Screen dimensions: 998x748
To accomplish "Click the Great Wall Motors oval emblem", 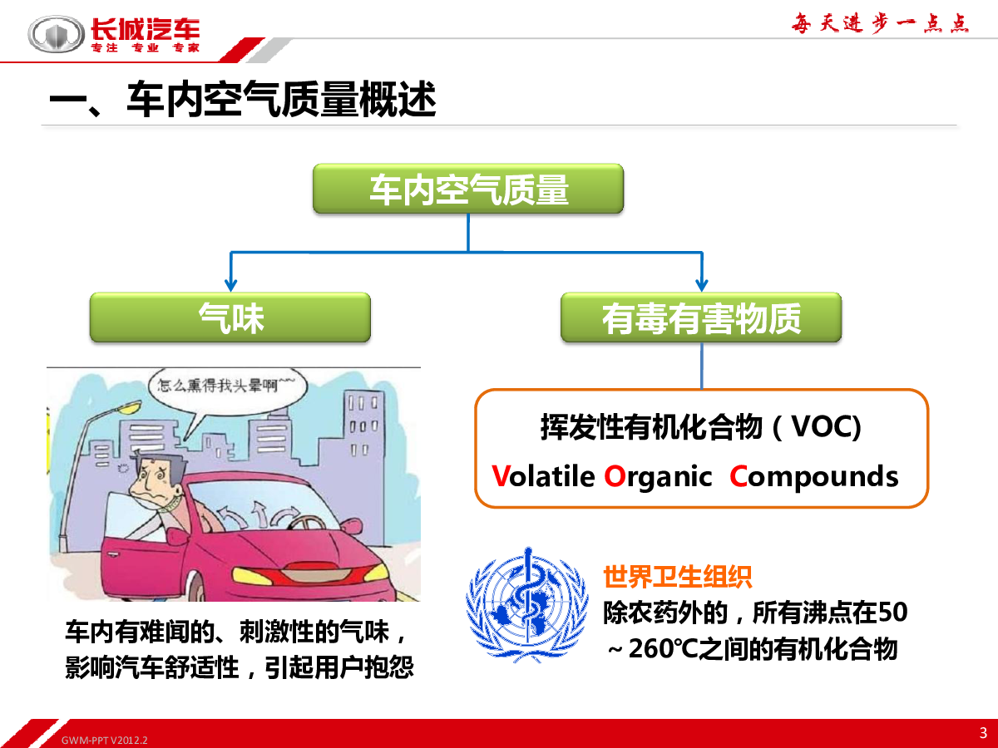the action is click(56, 34).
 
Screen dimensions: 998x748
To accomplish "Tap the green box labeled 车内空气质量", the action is click(468, 189).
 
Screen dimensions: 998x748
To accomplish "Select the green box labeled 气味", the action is click(230, 317).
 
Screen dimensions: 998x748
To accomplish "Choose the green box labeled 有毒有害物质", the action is click(701, 317).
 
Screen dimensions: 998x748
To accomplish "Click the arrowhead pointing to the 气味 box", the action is click(231, 285).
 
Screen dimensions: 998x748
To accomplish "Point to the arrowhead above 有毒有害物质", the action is click(702, 285).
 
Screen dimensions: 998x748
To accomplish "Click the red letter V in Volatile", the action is click(500, 476).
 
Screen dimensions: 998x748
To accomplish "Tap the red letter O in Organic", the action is click(615, 476).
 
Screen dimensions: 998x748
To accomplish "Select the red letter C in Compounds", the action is click(739, 476).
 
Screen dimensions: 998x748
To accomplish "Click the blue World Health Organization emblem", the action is click(527, 605).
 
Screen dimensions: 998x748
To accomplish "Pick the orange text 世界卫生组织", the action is click(678, 578).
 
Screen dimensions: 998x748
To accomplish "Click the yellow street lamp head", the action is click(129, 407).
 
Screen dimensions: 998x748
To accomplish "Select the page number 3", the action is click(983, 732).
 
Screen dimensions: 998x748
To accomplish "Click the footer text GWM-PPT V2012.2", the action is click(105, 741).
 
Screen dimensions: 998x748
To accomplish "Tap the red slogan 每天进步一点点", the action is click(880, 23).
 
